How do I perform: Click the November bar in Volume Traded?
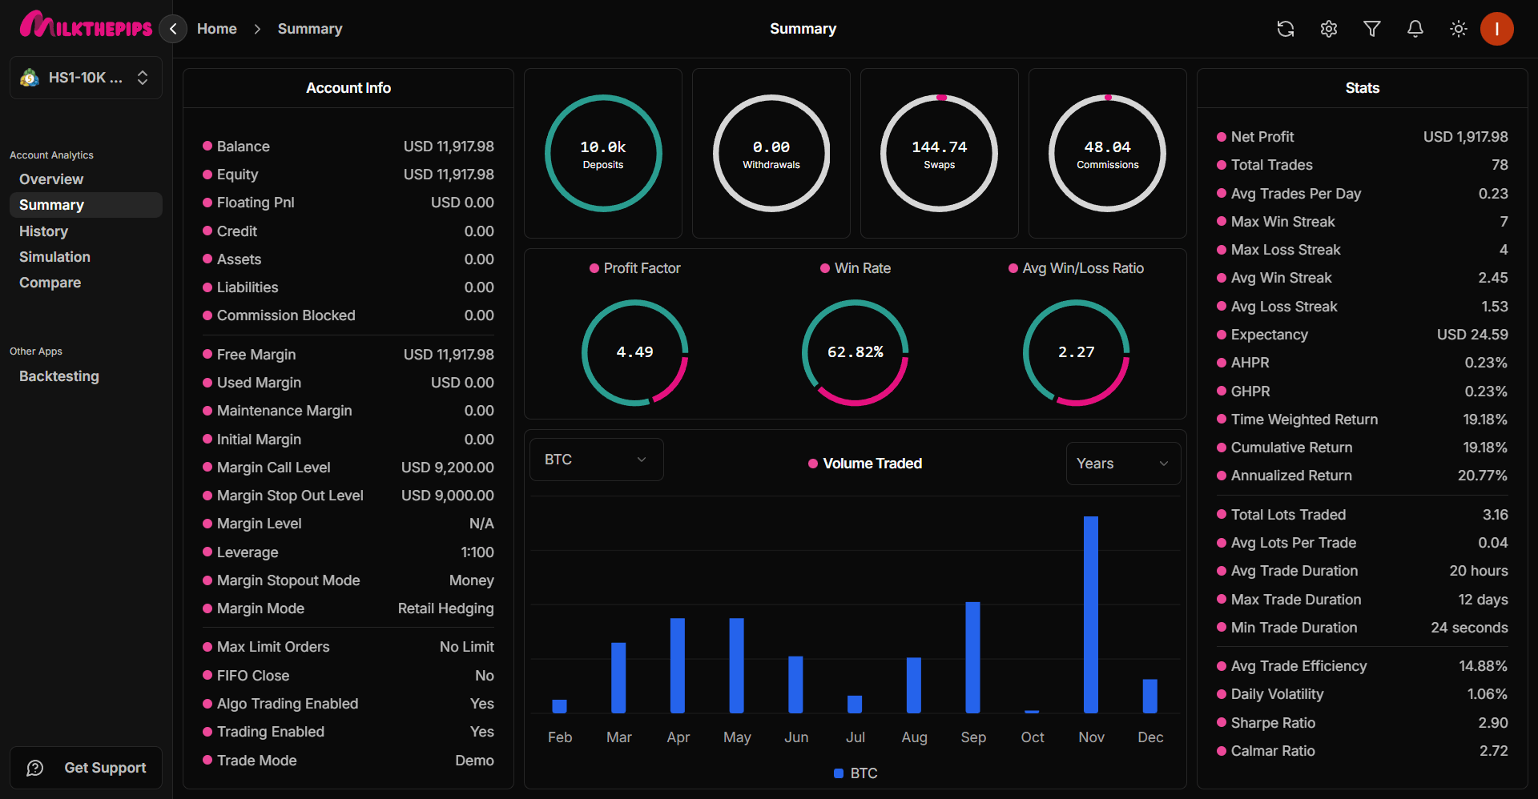click(x=1090, y=615)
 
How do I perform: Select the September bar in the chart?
click(x=972, y=657)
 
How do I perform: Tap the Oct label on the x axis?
click(x=1032, y=737)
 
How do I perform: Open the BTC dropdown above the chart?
click(x=596, y=460)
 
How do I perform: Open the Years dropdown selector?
click(x=1122, y=464)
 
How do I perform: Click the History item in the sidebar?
click(x=43, y=231)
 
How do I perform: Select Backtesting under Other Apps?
click(x=59, y=376)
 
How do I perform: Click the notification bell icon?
click(x=1415, y=29)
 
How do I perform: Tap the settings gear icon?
click(x=1328, y=29)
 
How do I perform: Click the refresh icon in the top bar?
click(x=1285, y=29)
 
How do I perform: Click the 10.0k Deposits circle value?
click(x=603, y=147)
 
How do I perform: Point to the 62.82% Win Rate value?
click(x=855, y=352)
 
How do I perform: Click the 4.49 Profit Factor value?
click(x=634, y=352)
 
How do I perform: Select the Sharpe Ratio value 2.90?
click(x=1492, y=723)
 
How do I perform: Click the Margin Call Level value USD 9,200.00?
click(x=447, y=468)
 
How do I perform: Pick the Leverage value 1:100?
click(x=477, y=552)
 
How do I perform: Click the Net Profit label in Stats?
click(x=1262, y=137)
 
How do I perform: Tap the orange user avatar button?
click(x=1496, y=29)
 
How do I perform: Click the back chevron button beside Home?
click(x=173, y=29)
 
